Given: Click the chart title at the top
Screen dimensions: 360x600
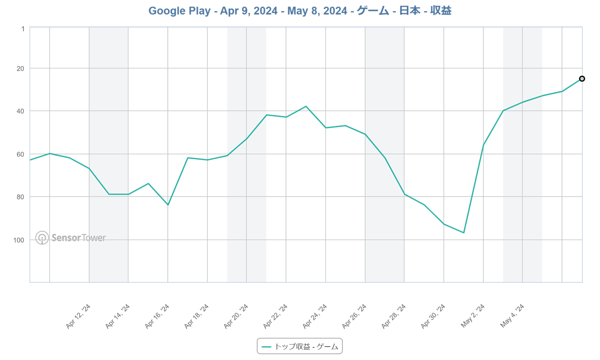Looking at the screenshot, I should coord(300,11).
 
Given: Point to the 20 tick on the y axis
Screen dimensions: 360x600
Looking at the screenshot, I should coord(21,68).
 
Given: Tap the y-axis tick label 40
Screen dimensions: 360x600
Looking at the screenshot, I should coord(21,111).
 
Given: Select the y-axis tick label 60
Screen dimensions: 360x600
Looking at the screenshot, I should coord(21,154).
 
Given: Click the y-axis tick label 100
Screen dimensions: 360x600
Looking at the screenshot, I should coord(19,240).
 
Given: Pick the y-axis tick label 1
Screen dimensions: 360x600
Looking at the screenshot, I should coord(22,29).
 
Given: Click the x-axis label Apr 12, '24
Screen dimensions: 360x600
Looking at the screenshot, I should coord(79,316).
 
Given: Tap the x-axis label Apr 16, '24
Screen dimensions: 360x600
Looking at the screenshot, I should coord(157,316).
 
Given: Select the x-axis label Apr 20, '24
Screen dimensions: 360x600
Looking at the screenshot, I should coord(236,316).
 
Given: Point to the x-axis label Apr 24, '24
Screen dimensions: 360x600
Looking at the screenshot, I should coord(315,316).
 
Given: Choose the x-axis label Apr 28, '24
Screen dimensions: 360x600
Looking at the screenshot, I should coord(394,316).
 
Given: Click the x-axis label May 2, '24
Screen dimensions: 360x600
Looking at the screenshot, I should coord(473,316).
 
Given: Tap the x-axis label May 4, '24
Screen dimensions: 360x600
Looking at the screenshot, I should coord(512,316).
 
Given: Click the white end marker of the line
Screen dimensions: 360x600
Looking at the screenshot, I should coord(582,79).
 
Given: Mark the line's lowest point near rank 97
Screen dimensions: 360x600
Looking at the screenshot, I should coord(464,232).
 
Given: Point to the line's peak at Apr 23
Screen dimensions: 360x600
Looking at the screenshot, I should coord(306,106).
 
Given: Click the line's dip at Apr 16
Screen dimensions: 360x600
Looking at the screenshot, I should coord(168,205).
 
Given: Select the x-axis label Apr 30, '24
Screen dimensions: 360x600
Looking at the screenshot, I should coord(433,316).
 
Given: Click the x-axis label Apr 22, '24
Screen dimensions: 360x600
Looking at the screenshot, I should coord(276,316).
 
